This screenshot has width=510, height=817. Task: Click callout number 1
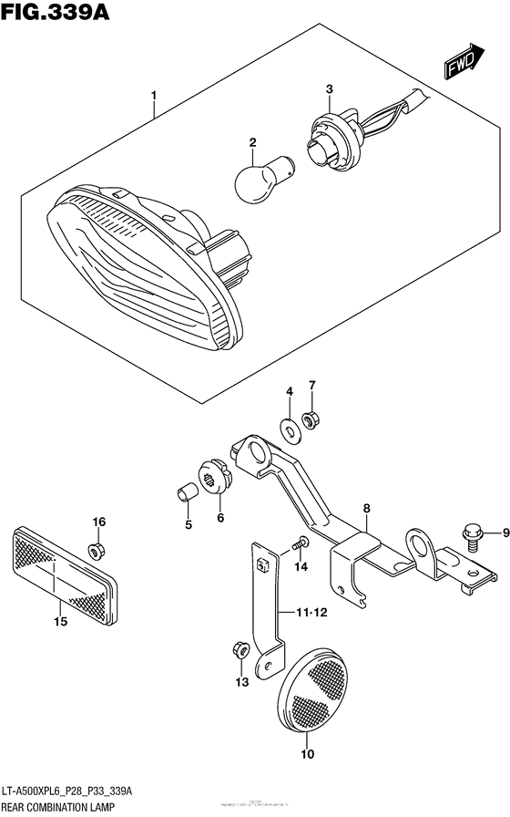(154, 95)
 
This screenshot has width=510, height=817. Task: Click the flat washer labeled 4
(289, 424)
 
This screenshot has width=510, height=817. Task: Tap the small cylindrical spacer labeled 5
(188, 493)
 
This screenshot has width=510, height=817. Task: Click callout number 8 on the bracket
(365, 510)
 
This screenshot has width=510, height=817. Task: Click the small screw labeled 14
(298, 543)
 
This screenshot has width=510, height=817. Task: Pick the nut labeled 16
(95, 550)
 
